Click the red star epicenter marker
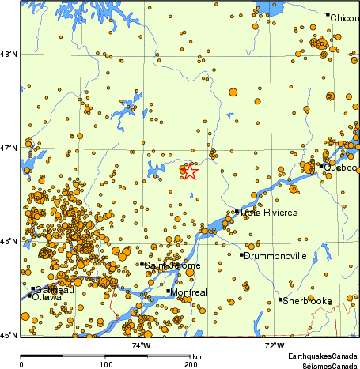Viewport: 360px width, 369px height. [190, 170]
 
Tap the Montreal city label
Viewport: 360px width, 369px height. [188, 293]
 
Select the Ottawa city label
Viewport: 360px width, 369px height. [46, 297]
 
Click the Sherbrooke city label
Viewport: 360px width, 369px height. [308, 300]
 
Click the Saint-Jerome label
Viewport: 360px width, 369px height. [167, 265]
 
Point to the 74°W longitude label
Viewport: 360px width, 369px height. [142, 345]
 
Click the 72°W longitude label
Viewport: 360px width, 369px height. [275, 345]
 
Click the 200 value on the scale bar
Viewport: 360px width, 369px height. [191, 364]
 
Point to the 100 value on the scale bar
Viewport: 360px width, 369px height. [105, 364]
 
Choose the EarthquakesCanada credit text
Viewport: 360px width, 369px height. [321, 357]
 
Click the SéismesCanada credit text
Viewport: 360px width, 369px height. [324, 365]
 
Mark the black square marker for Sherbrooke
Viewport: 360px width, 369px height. [280, 299]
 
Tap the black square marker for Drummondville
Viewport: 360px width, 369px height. [241, 254]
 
